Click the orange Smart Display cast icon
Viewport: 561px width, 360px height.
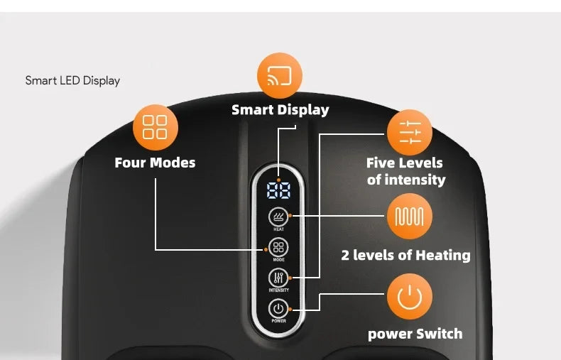point(279,75)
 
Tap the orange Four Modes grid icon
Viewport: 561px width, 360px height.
point(156,127)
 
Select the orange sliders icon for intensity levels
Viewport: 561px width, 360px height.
point(410,132)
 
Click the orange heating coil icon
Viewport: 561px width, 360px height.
point(410,216)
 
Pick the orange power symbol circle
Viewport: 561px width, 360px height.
point(410,297)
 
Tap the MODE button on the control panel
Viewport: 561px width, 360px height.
point(278,247)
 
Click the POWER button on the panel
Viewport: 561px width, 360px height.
point(278,308)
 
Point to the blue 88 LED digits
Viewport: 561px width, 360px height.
point(278,190)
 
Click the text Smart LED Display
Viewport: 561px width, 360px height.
point(72,81)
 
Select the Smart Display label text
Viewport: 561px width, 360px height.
point(280,110)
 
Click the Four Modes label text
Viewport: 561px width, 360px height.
point(155,163)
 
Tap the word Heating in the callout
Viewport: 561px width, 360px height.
point(443,256)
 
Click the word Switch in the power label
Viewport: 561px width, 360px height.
point(440,334)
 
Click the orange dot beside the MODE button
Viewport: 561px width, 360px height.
point(266,249)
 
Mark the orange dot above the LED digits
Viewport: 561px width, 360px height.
point(278,180)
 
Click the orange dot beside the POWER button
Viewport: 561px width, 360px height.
point(290,309)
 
